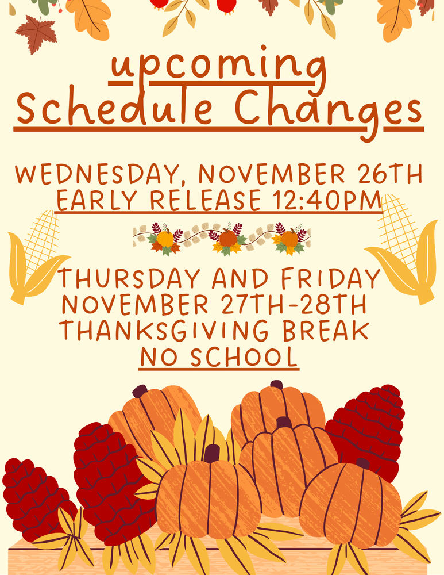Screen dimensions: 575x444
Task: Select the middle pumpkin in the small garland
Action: click(x=227, y=237)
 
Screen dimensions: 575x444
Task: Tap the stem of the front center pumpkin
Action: click(x=211, y=453)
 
